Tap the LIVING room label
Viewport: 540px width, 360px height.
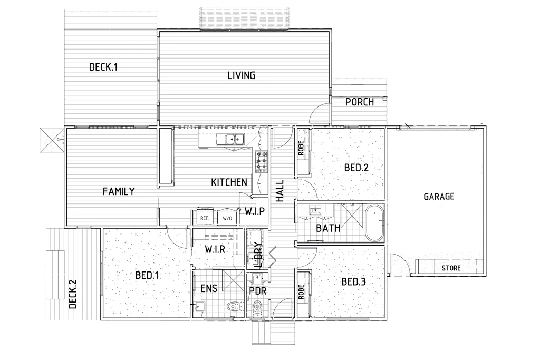coord(241,75)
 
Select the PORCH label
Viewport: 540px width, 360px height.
coord(360,102)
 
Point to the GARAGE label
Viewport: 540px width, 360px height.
coord(439,197)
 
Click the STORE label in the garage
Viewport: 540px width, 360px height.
coord(451,268)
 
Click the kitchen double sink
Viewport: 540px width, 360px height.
coord(230,140)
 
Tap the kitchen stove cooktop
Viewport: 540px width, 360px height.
coord(262,161)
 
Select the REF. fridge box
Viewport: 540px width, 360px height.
coord(205,218)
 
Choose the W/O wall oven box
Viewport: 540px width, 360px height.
coord(227,218)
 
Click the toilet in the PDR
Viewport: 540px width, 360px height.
coord(257,308)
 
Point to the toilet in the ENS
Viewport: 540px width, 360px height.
coord(232,307)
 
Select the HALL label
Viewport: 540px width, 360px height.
coord(280,191)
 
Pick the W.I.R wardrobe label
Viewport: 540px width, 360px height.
coord(216,249)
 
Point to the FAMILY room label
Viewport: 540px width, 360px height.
coord(119,191)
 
